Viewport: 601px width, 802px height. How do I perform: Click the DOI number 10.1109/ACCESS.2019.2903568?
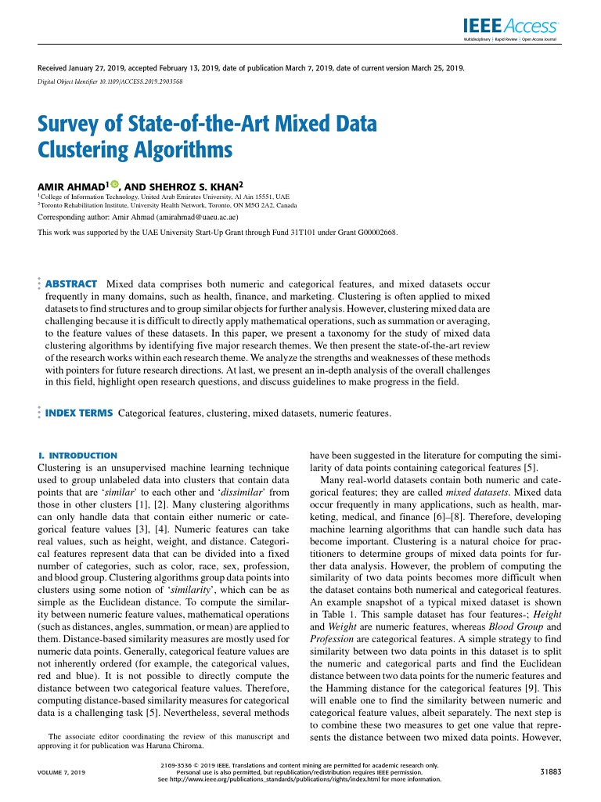(x=139, y=81)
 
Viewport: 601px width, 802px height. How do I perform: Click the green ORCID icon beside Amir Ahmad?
(x=114, y=185)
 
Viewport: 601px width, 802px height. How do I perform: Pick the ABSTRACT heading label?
(x=71, y=284)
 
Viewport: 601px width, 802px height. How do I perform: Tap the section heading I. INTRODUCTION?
(x=77, y=455)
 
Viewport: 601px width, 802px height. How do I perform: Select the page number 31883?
(x=547, y=771)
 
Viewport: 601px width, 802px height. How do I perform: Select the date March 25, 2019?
(x=435, y=68)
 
